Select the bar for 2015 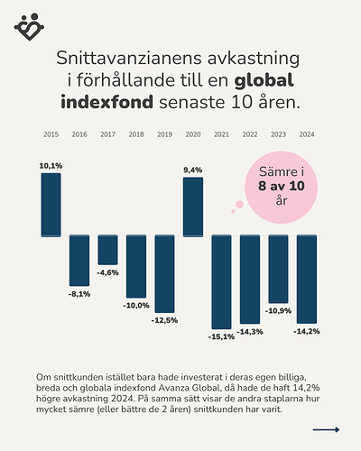[x=51, y=204]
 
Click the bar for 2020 [x=193, y=206]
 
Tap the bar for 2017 [x=107, y=250]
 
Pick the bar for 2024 [x=307, y=279]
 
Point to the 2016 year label [x=79, y=134]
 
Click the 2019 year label [x=164, y=134]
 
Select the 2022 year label [x=250, y=134]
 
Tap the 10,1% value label [x=51, y=166]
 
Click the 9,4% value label [x=193, y=170]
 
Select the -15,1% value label [x=221, y=336]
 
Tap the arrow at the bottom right [x=325, y=429]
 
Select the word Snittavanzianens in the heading [x=125, y=57]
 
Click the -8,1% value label [x=79, y=294]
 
